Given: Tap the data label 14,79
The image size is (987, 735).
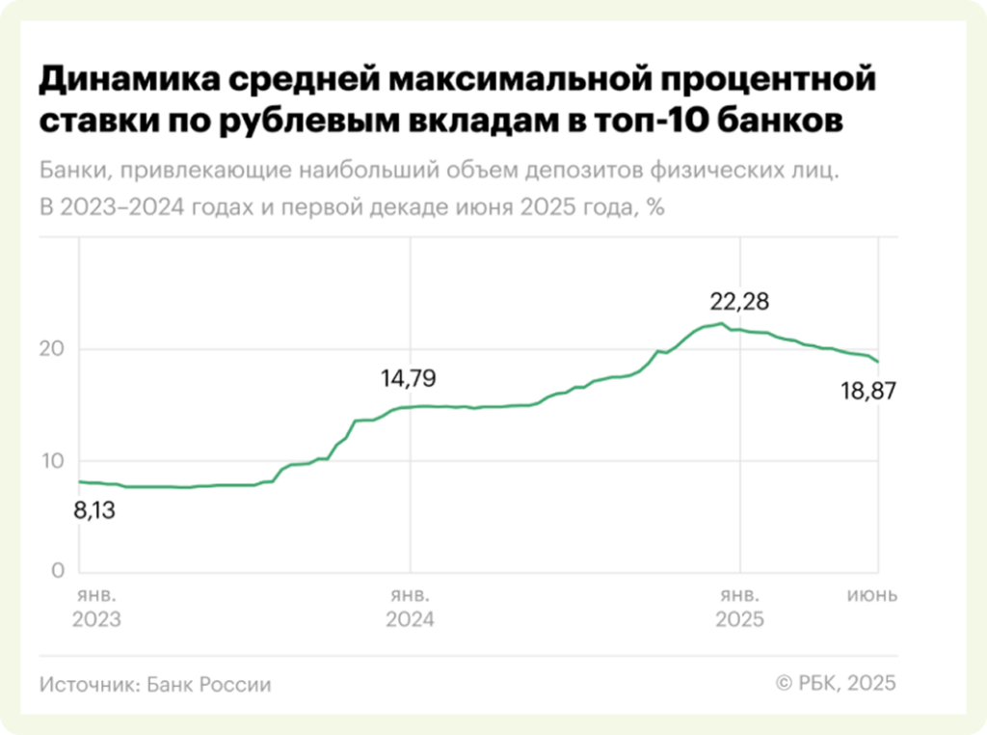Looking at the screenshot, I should [x=408, y=379].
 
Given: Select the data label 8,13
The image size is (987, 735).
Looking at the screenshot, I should [x=94, y=510].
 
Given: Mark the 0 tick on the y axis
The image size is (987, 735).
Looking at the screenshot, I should [x=58, y=571].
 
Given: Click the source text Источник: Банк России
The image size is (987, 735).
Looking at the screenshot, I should [x=156, y=685].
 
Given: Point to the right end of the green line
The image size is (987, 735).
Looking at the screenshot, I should [x=878, y=362].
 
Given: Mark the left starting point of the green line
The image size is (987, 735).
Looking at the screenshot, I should [x=79, y=481].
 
